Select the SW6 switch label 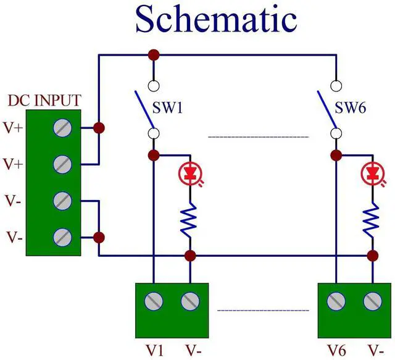(351, 109)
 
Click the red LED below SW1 (189, 173)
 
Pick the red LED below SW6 (372, 173)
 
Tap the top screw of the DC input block (62, 128)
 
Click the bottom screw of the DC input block (62, 237)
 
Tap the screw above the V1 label (154, 301)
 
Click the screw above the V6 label (336, 301)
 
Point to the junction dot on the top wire (154, 55)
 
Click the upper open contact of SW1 (154, 85)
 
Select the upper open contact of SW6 (336, 85)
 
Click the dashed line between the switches (258, 136)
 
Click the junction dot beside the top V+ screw (98, 128)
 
